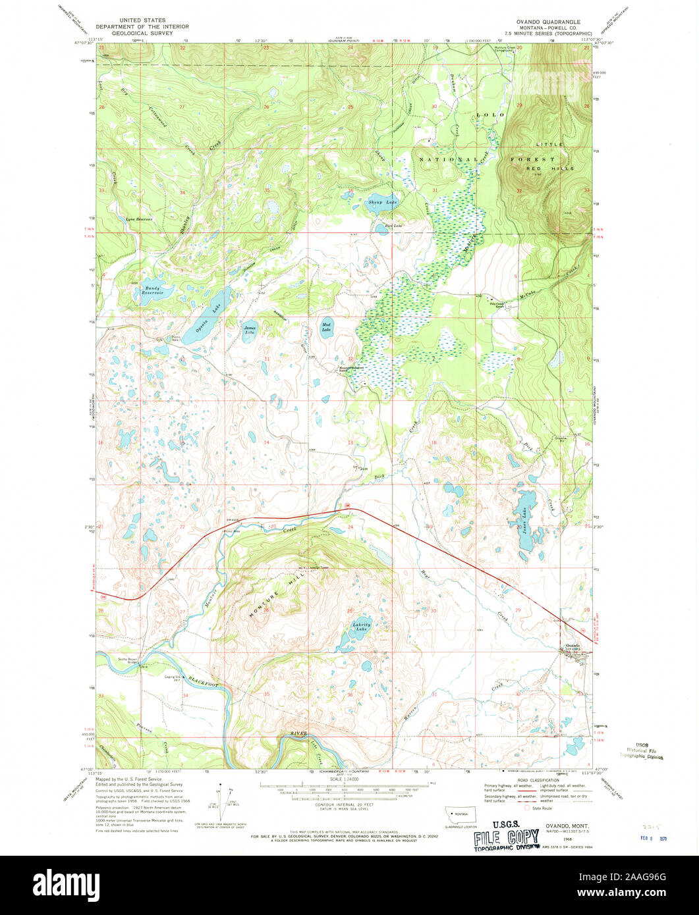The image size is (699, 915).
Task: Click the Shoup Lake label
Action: (x=382, y=202)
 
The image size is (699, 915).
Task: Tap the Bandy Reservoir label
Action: (x=152, y=291)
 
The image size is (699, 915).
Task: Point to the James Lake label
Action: (x=250, y=330)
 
